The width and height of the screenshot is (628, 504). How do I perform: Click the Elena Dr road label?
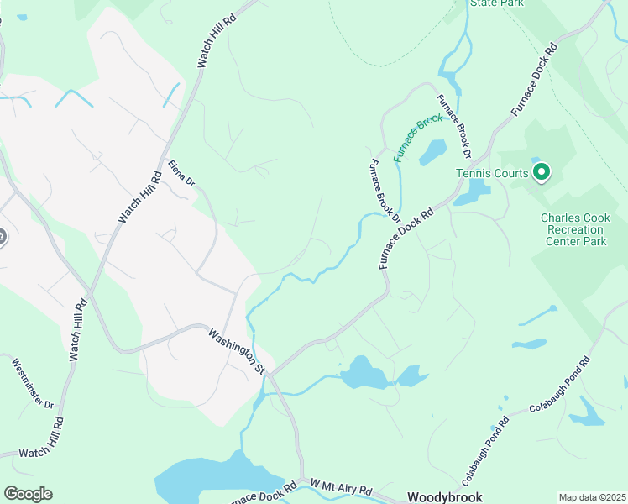click(x=181, y=174)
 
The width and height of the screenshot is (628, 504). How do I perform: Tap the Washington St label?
click(x=238, y=351)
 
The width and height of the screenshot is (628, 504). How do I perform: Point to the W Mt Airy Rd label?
click(x=341, y=488)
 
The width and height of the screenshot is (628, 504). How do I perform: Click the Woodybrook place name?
click(x=444, y=496)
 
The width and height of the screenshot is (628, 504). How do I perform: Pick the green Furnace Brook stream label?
click(x=418, y=131)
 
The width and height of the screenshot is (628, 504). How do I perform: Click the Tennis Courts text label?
click(x=492, y=173)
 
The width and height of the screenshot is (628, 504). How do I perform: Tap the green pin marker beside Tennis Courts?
click(x=542, y=172)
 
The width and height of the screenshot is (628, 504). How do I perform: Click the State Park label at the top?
click(x=496, y=3)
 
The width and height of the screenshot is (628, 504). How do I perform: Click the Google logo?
click(x=28, y=494)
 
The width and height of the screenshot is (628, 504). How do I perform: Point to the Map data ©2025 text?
click(x=592, y=497)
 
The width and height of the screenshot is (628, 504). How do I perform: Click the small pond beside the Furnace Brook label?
click(x=432, y=152)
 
